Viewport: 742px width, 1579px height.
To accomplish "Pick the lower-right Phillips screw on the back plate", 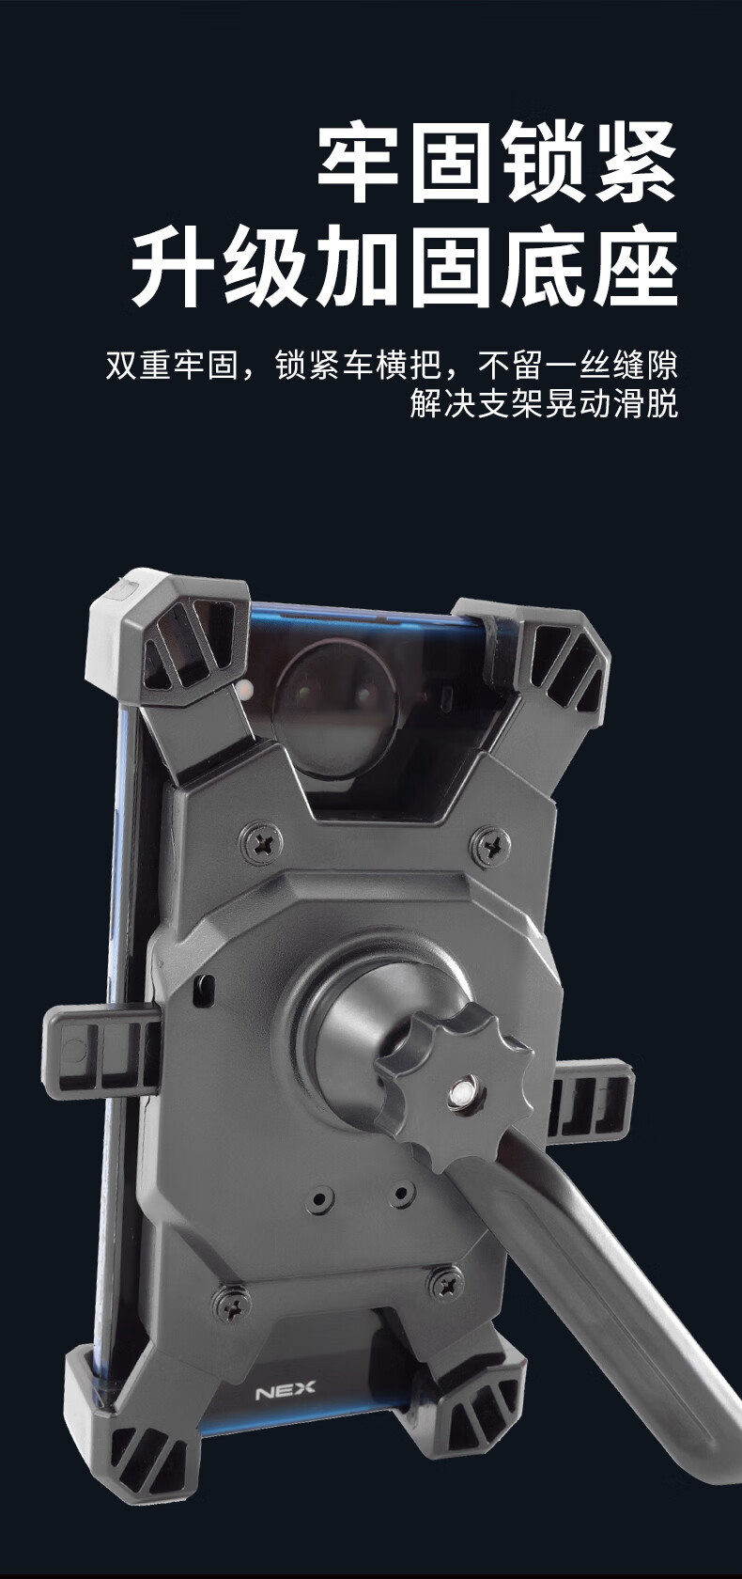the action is pyautogui.click(x=446, y=1284).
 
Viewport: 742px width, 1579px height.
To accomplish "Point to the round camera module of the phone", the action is pyautogui.click(x=335, y=708).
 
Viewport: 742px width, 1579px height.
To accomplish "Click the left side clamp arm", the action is pyautogui.click(x=100, y=1054).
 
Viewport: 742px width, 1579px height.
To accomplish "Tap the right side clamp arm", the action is pyautogui.click(x=591, y=1102).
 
